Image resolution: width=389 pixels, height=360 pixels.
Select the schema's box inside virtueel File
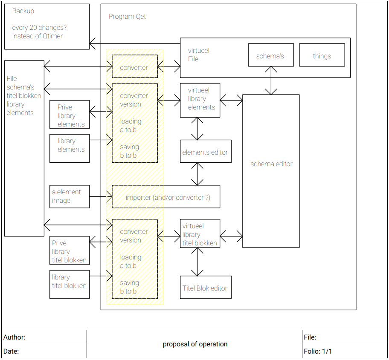(270, 55)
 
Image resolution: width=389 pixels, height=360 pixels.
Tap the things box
(322, 55)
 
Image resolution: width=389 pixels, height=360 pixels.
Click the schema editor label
(271, 164)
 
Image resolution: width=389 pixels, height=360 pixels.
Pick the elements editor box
(205, 152)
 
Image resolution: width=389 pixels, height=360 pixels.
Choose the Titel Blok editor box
(205, 288)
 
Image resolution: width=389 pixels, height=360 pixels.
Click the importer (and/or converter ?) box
(167, 197)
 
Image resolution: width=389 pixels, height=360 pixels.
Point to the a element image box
(70, 196)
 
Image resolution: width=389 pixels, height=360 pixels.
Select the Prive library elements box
(70, 115)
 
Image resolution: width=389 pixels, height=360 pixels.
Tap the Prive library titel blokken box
(70, 251)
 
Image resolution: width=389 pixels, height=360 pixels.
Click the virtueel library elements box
(200, 100)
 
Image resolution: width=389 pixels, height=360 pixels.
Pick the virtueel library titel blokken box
(200, 234)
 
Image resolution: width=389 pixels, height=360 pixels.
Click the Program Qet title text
(127, 17)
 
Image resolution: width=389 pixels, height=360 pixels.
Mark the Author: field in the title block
(15, 337)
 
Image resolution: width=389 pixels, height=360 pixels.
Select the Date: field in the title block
(11, 351)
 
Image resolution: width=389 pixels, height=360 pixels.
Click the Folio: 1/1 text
(318, 351)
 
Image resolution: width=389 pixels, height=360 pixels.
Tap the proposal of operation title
(195, 344)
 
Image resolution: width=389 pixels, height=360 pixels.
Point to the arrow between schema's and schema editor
(271, 81)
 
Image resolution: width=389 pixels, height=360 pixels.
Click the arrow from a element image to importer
(101, 197)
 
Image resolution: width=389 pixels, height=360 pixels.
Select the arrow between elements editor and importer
(197, 174)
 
